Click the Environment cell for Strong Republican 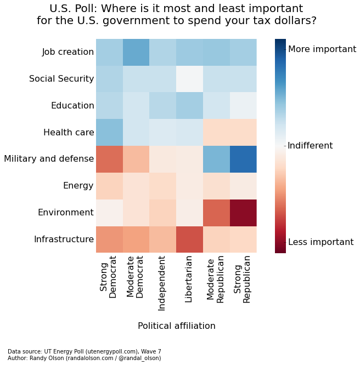(243, 213)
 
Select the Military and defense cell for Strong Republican (243, 159)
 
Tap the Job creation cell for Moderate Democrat (136, 52)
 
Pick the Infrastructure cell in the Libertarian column (189, 239)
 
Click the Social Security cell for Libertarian (189, 79)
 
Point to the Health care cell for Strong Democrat (109, 133)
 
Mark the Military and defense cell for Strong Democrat (109, 159)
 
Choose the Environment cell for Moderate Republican (216, 213)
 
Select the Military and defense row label (49, 159)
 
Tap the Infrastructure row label (64, 239)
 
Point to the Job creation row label (68, 52)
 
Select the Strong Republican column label (243, 279)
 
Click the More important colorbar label (322, 49)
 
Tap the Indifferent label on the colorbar (310, 146)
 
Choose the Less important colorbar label (320, 242)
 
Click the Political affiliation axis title (176, 326)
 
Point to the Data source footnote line (85, 352)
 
